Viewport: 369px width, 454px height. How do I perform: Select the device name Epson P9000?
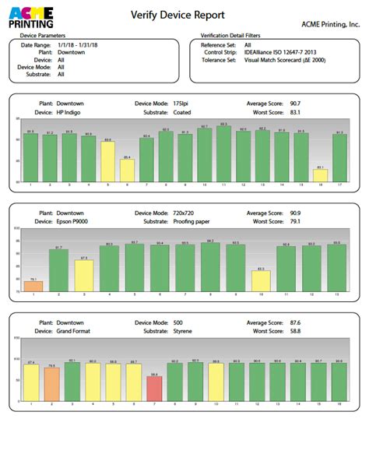click(x=76, y=220)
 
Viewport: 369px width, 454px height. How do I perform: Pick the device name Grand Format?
click(x=76, y=329)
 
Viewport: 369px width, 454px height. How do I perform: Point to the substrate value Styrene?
click(x=183, y=329)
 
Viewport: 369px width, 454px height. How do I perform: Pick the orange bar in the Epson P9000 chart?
click(x=33, y=286)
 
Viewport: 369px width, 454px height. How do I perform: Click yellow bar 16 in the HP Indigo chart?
click(x=320, y=175)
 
